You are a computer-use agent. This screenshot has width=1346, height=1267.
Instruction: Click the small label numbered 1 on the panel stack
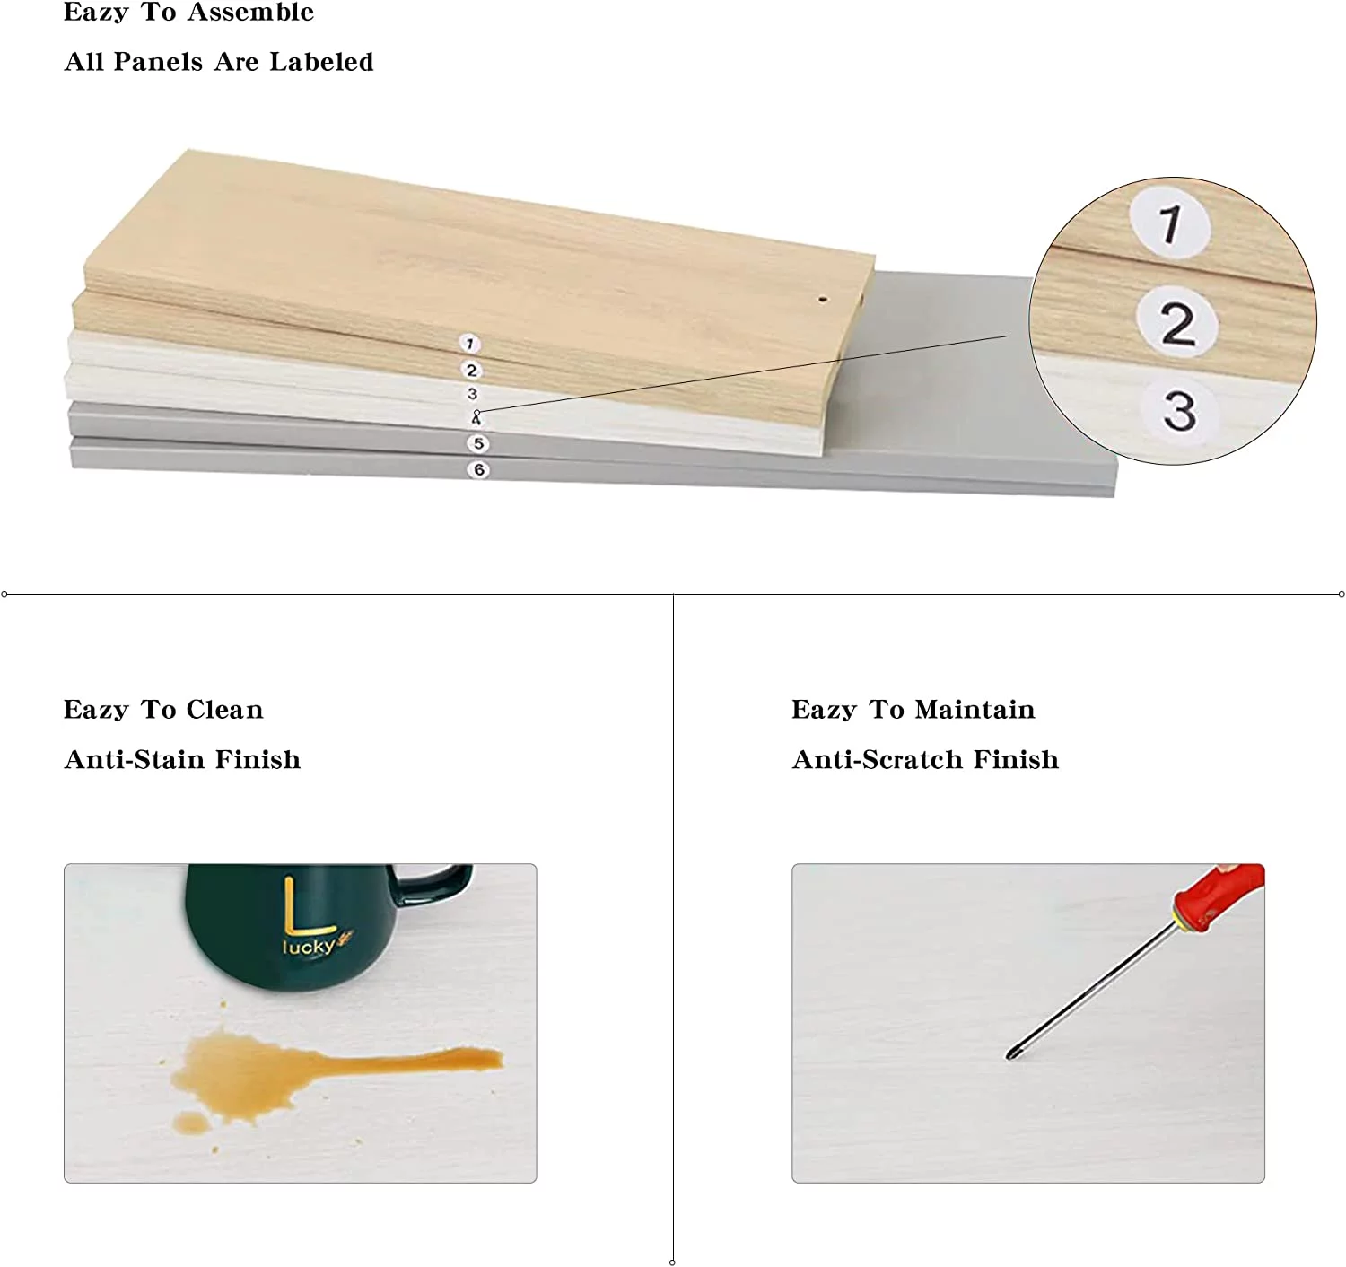click(469, 344)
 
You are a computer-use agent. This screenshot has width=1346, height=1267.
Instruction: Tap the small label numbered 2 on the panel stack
click(472, 370)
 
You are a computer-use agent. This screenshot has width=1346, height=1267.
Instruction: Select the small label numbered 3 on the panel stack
click(472, 394)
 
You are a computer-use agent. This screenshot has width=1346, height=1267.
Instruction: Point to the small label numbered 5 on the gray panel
click(477, 443)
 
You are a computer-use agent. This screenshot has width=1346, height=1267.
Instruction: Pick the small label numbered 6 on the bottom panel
click(478, 469)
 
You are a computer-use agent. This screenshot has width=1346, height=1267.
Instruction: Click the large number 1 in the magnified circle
click(1171, 223)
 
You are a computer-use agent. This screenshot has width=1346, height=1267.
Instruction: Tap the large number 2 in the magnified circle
click(1178, 323)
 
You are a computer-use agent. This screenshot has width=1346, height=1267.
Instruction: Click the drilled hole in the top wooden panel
click(823, 299)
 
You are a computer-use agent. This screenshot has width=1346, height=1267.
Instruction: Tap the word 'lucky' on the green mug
click(309, 947)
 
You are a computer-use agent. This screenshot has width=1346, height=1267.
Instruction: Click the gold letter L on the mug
click(304, 905)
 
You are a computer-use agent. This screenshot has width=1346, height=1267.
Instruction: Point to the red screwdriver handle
click(1220, 896)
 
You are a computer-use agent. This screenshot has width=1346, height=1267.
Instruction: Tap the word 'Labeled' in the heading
click(321, 62)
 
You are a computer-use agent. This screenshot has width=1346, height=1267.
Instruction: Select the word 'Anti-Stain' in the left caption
click(135, 759)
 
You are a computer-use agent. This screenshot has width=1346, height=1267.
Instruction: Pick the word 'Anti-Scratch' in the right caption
click(878, 759)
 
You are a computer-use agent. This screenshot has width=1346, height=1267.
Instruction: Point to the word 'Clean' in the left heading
click(224, 709)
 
